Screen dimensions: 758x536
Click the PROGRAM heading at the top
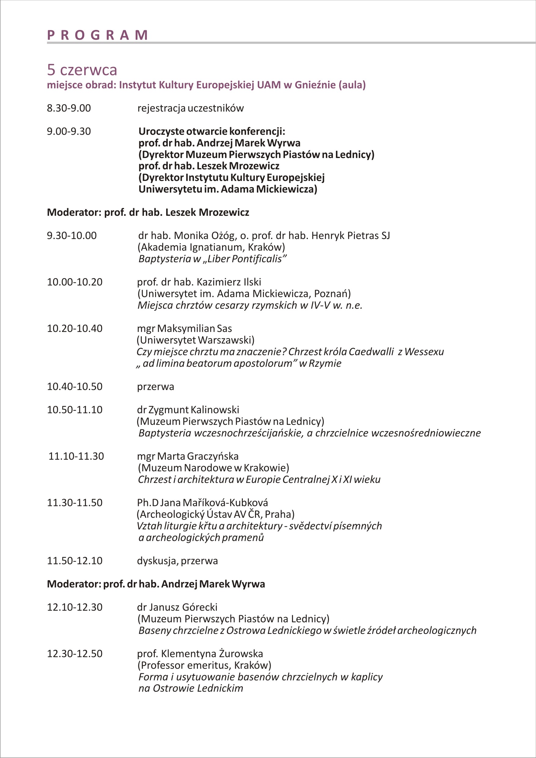[98, 35]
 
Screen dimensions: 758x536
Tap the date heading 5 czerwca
[82, 70]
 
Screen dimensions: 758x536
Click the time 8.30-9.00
[69, 108]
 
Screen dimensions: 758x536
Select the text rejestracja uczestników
[191, 108]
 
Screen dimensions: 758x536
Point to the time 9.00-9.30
[69, 131]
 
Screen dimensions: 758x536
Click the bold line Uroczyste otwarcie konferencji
[212, 131]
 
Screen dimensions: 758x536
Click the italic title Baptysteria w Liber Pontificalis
[212, 259]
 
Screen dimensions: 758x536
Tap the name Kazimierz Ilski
[229, 282]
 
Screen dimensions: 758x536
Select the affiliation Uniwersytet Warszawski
[195, 340]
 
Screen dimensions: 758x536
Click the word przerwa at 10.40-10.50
[155, 386]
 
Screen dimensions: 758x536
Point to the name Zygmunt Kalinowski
[193, 410]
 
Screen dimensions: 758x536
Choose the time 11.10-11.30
[76, 456]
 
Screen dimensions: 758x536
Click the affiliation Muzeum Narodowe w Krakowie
[213, 468]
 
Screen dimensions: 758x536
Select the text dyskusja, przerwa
[177, 561]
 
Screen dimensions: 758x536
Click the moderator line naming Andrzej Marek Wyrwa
[156, 584]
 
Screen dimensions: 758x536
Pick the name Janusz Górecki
[183, 607]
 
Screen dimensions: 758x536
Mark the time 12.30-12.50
[75, 654]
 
